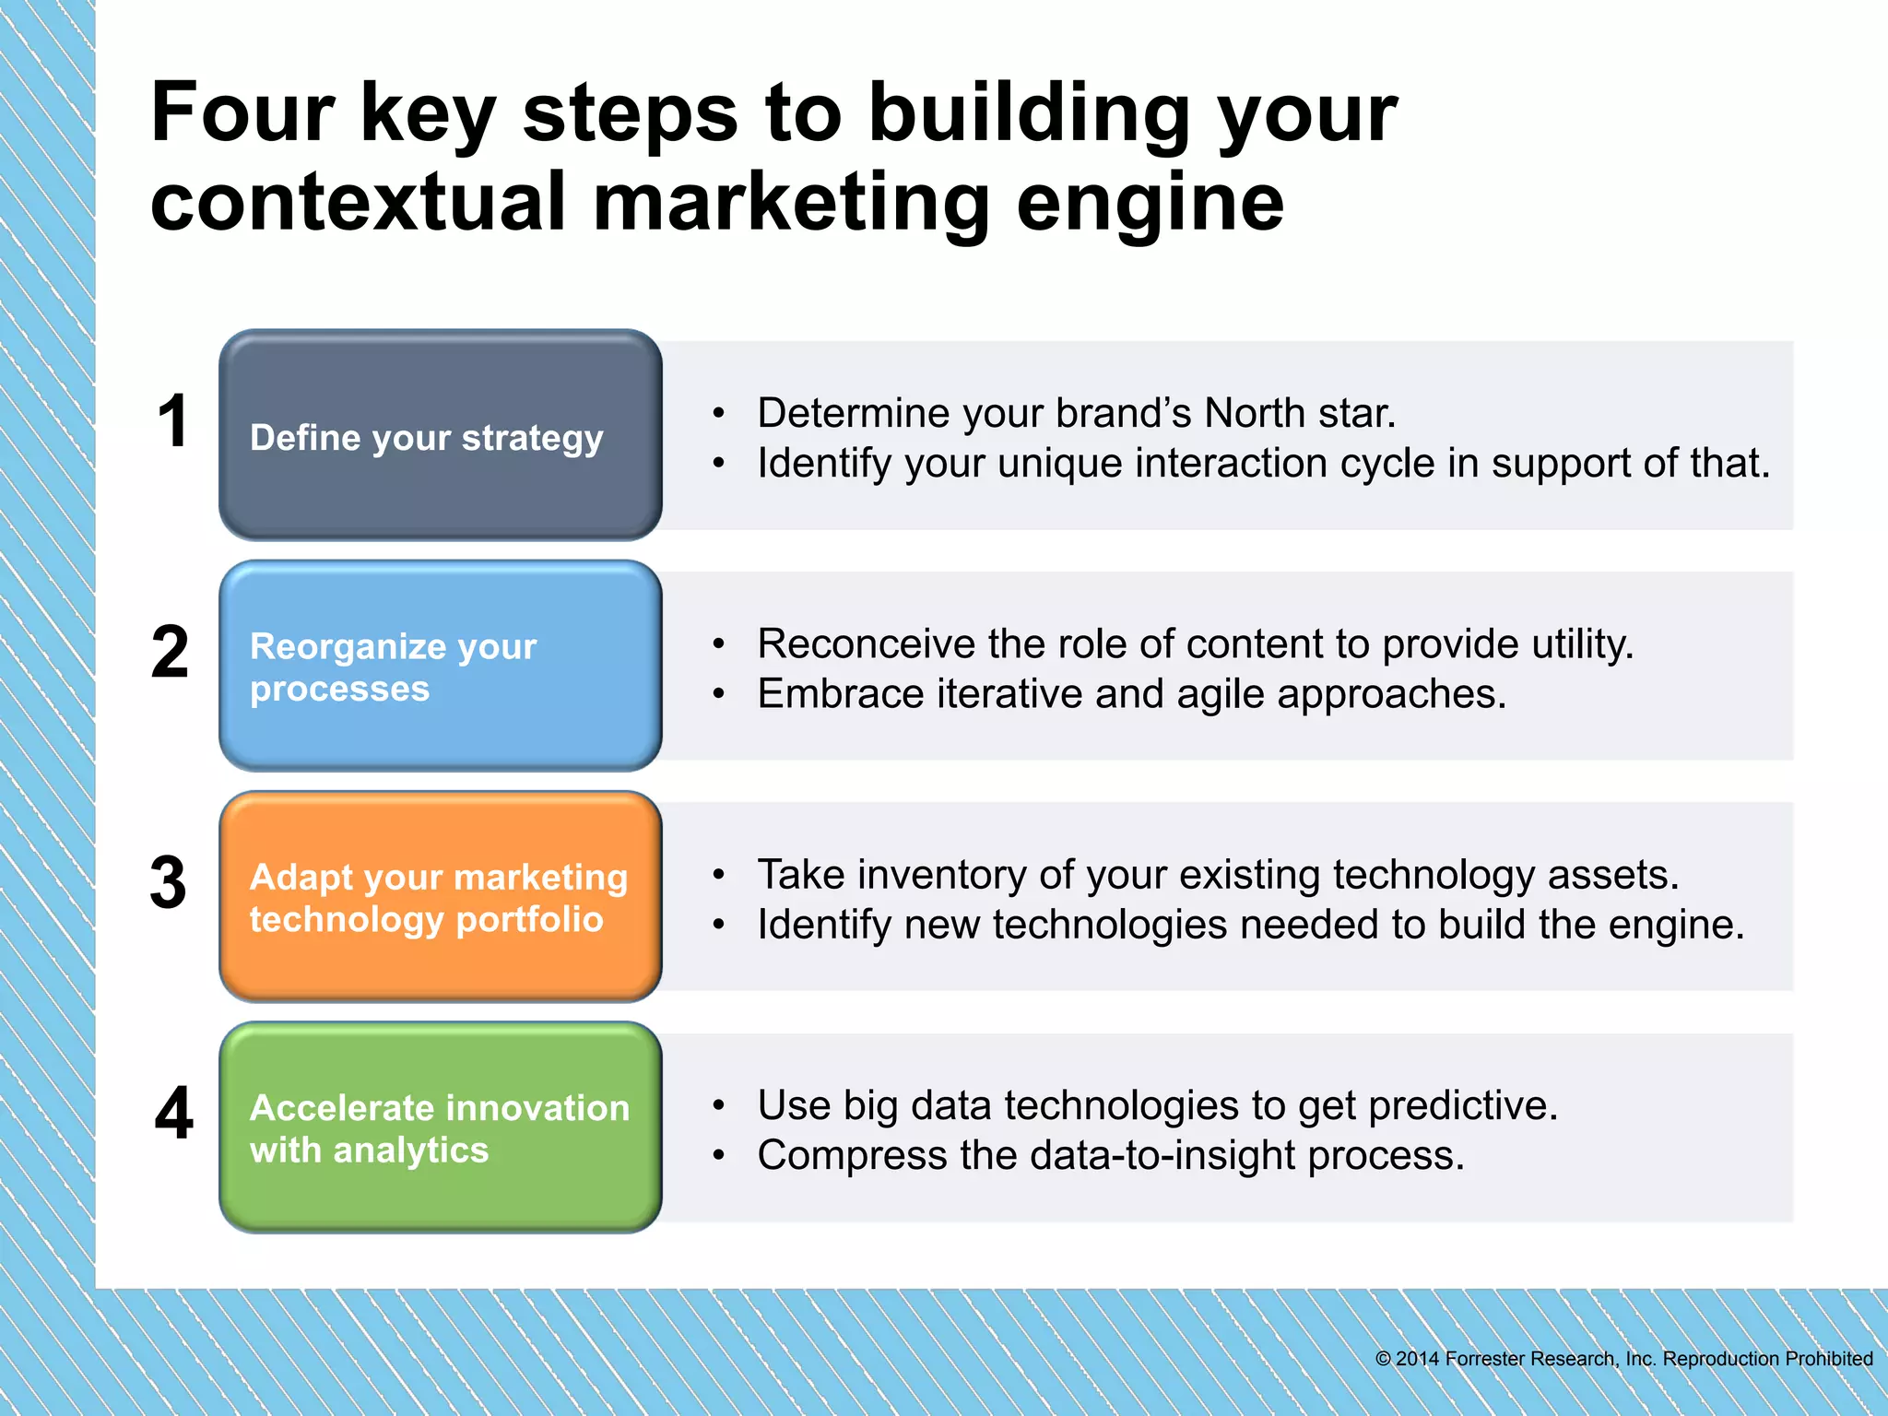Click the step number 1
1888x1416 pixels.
click(173, 421)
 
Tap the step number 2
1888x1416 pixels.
click(171, 653)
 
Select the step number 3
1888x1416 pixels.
click(169, 883)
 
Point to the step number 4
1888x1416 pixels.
click(174, 1114)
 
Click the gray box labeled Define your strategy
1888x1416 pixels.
click(441, 435)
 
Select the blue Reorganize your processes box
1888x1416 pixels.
click(441, 666)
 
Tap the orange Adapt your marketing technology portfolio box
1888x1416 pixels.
click(441, 896)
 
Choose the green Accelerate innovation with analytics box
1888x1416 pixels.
click(441, 1127)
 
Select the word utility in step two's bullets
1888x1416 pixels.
click(1582, 644)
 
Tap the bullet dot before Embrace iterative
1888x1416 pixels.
click(718, 694)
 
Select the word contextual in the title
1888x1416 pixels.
click(358, 203)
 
